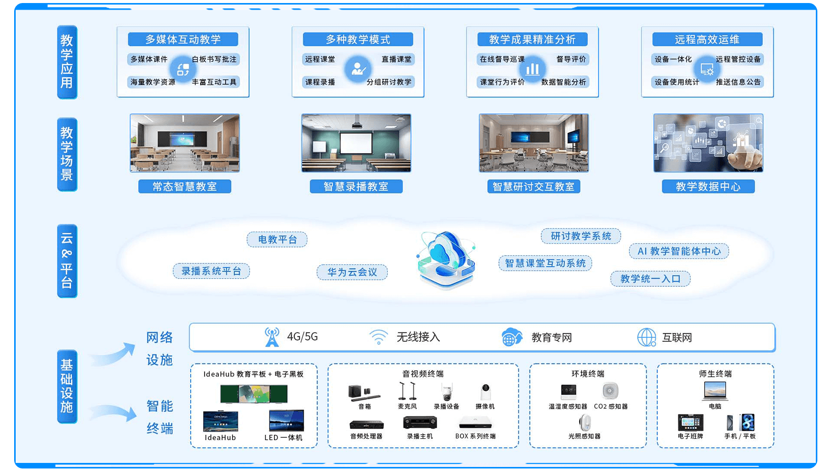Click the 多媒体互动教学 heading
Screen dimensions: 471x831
183,39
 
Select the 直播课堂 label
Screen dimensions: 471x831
396,59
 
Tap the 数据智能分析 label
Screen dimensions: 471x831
564,82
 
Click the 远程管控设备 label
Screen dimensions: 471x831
738,59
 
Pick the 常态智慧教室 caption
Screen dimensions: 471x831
184,187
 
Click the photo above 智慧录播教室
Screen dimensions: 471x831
356,143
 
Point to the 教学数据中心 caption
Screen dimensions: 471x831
708,187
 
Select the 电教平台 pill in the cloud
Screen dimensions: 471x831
277,239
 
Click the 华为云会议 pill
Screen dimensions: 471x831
352,272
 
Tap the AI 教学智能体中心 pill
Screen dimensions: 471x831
679,251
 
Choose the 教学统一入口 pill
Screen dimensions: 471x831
650,279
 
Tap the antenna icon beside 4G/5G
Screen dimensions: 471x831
272,337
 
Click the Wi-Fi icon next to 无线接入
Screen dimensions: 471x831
378,337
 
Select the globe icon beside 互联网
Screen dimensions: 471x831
647,337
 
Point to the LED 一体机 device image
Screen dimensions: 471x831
286,421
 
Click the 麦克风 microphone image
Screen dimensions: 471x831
407,392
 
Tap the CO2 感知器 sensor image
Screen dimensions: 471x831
611,391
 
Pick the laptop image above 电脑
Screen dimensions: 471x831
715,391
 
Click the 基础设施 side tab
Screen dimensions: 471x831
67,386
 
